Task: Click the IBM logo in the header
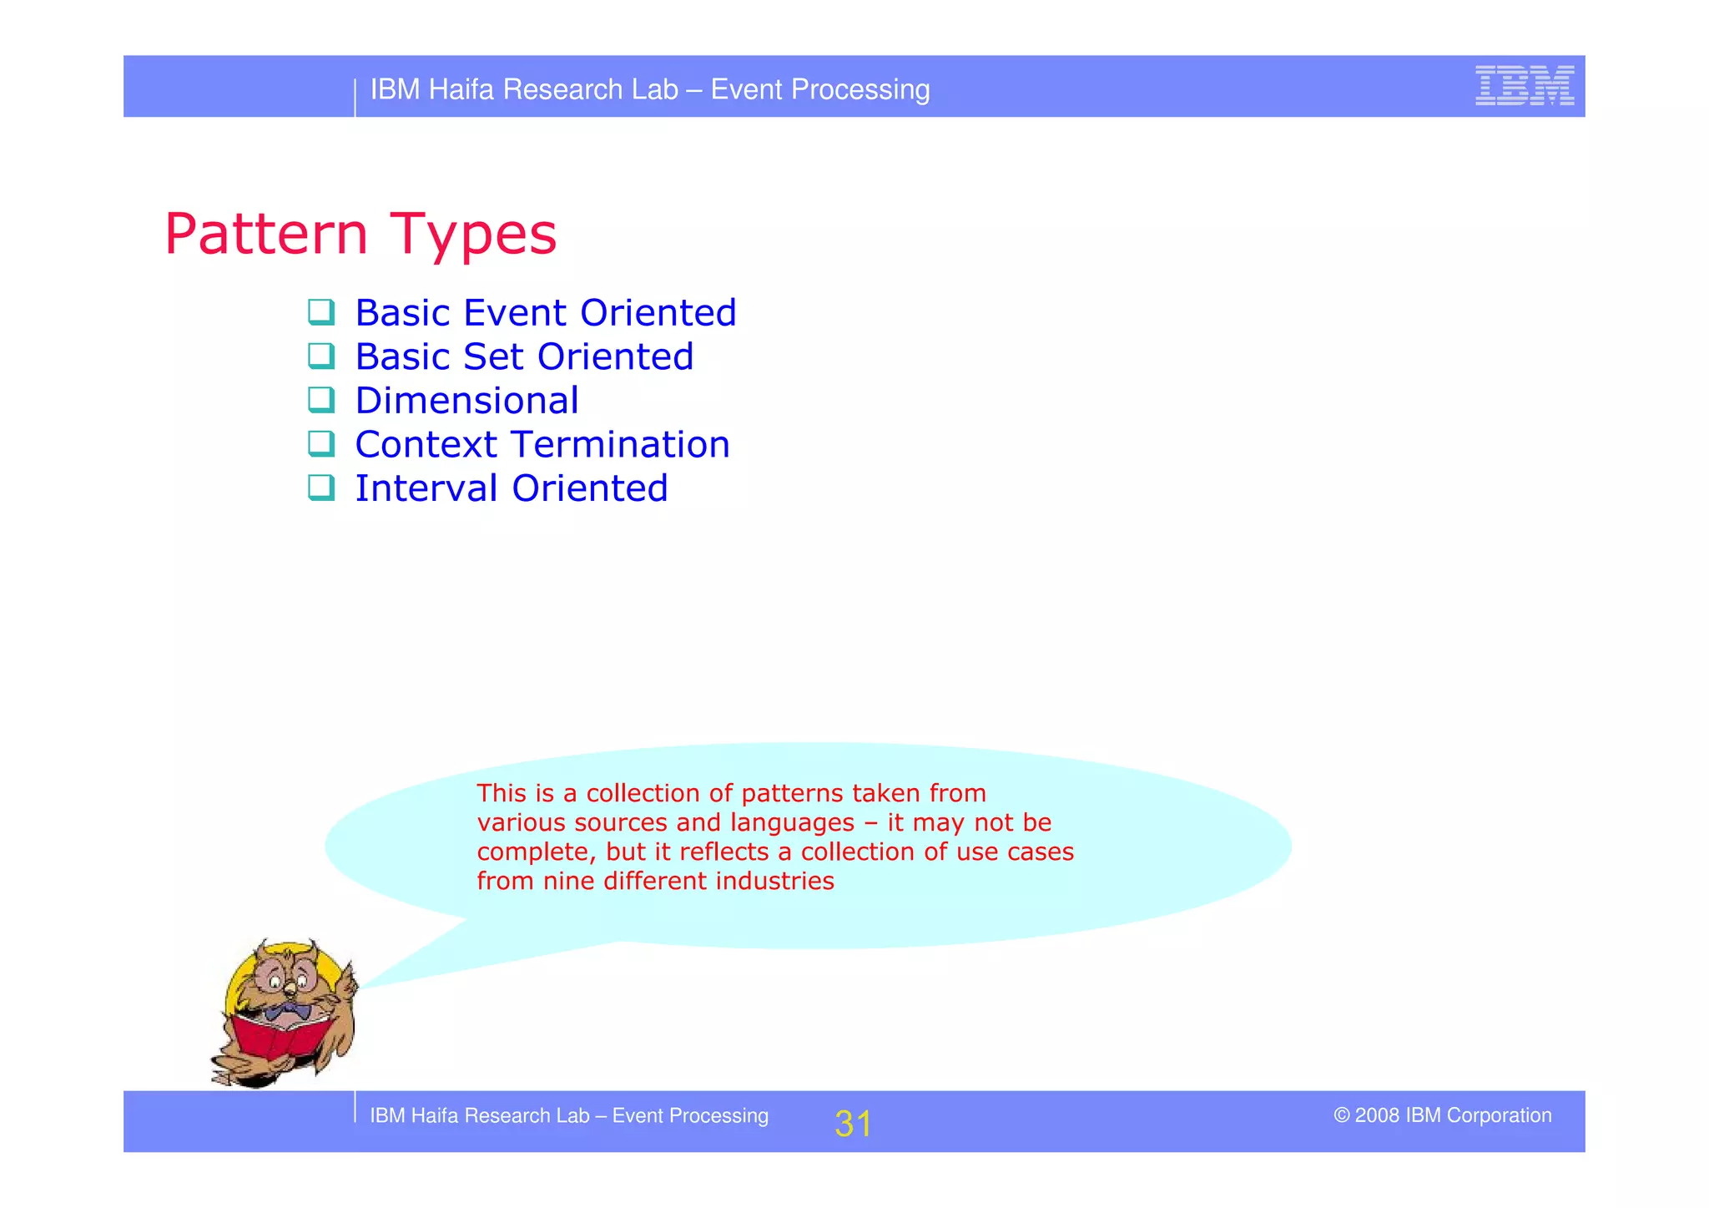click(x=1524, y=86)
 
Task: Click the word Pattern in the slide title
click(x=265, y=234)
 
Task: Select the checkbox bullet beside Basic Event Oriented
click(x=321, y=312)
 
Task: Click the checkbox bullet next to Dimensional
click(x=321, y=400)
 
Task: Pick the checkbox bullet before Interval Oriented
click(x=321, y=488)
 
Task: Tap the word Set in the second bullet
click(x=493, y=357)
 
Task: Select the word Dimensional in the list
click(x=466, y=402)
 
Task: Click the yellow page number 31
click(x=852, y=1124)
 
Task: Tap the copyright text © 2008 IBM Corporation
click(x=1442, y=1115)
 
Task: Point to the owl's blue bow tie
click(x=288, y=1013)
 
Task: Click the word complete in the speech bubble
click(x=536, y=852)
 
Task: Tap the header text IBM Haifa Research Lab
click(x=524, y=89)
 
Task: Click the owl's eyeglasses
click(x=288, y=978)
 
